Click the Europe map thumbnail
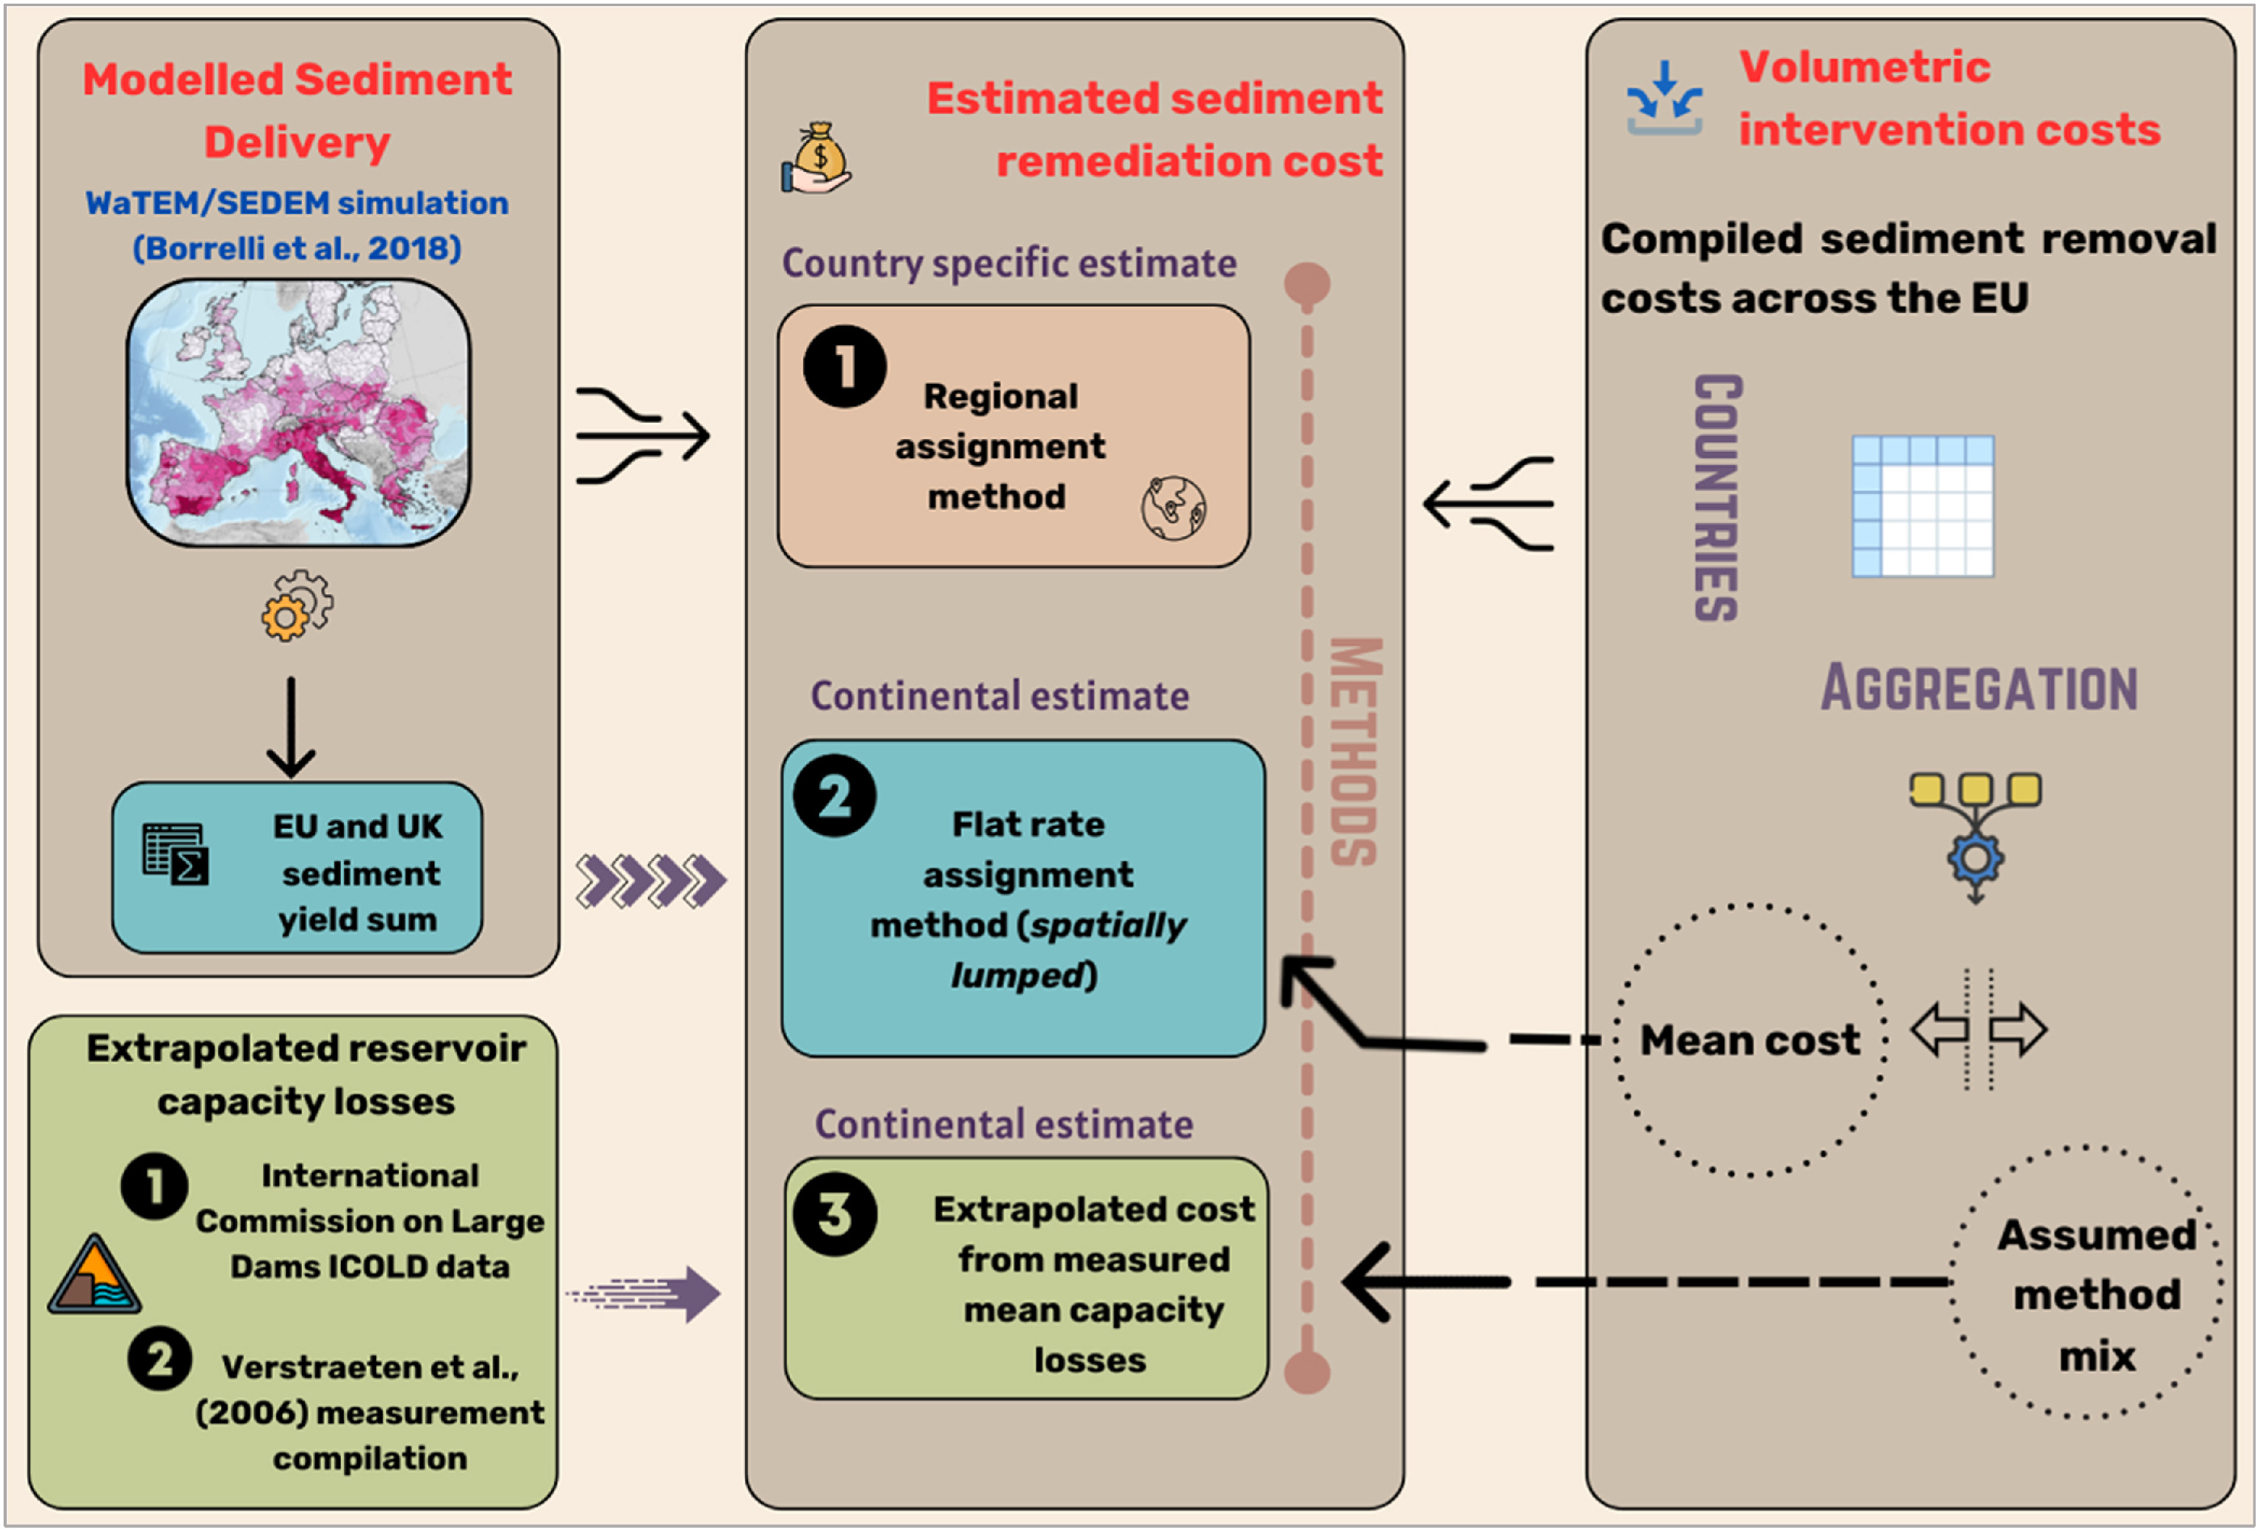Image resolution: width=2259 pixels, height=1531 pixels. (x=298, y=412)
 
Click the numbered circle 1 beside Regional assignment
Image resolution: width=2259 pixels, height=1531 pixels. (x=844, y=366)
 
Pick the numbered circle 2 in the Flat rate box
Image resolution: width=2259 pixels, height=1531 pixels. (x=834, y=796)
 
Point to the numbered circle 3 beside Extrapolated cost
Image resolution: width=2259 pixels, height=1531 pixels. (x=835, y=1214)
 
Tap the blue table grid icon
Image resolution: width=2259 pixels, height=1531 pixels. (x=1922, y=506)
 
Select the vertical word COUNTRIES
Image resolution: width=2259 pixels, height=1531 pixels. (x=1718, y=498)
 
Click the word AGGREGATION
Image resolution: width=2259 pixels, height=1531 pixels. (x=1979, y=688)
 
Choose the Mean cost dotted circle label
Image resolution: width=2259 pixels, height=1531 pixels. (x=1750, y=1040)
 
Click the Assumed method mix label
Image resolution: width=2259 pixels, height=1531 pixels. (x=2096, y=1294)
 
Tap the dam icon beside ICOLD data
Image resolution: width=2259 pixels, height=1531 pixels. (x=94, y=1276)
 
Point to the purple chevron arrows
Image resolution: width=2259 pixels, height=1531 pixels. (x=650, y=881)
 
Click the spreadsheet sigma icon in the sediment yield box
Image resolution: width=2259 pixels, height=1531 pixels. (x=175, y=854)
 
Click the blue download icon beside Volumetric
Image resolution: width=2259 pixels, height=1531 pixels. (x=1664, y=98)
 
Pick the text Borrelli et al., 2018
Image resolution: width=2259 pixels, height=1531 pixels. (x=297, y=248)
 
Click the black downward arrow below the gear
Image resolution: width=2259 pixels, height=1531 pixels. (x=291, y=727)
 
